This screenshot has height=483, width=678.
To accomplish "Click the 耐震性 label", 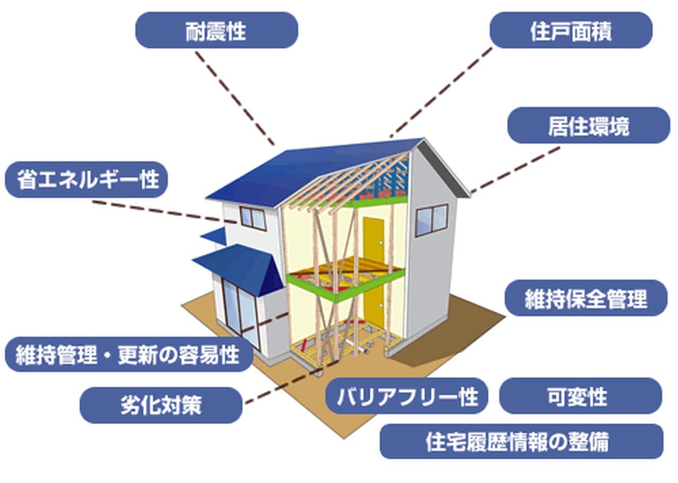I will click(x=217, y=31).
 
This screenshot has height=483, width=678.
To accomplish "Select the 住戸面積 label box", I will click(x=570, y=31).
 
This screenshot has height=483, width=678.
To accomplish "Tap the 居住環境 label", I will click(x=588, y=126).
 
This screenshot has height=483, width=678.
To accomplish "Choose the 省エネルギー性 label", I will click(x=86, y=180).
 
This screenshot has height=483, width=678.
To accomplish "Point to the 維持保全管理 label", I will click(x=585, y=298).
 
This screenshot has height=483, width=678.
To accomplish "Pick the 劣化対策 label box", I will click(x=161, y=406).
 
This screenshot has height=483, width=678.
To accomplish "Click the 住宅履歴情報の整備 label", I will click(x=521, y=441).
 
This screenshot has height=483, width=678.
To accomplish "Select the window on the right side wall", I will click(x=432, y=219).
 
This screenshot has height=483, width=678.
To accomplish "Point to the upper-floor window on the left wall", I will click(x=253, y=217).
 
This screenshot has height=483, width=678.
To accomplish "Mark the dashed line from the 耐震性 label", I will click(x=235, y=98).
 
